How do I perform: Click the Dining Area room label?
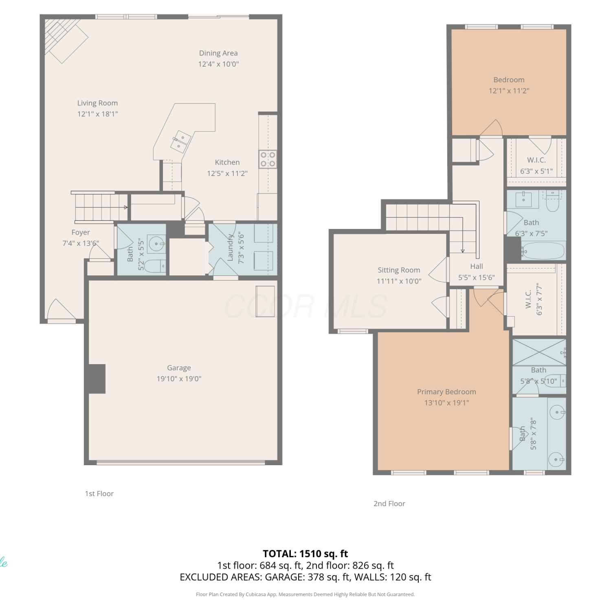tap(218, 53)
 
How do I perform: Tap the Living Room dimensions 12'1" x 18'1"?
tap(98, 114)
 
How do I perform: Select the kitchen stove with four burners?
tap(268, 159)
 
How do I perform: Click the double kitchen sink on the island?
tap(180, 141)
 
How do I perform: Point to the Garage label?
tap(179, 368)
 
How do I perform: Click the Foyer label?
tap(81, 233)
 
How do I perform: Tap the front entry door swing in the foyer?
tap(62, 310)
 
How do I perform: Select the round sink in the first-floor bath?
tap(156, 244)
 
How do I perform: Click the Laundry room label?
tap(230, 248)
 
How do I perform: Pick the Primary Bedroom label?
tap(446, 392)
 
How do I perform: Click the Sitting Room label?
tap(399, 270)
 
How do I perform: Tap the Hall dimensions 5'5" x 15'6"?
tap(477, 277)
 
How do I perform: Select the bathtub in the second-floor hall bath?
tap(543, 251)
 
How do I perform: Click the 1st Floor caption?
tap(99, 494)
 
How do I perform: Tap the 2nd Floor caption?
tap(389, 504)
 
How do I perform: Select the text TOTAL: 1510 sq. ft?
tap(305, 554)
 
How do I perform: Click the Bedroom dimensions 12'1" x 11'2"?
tap(509, 91)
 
